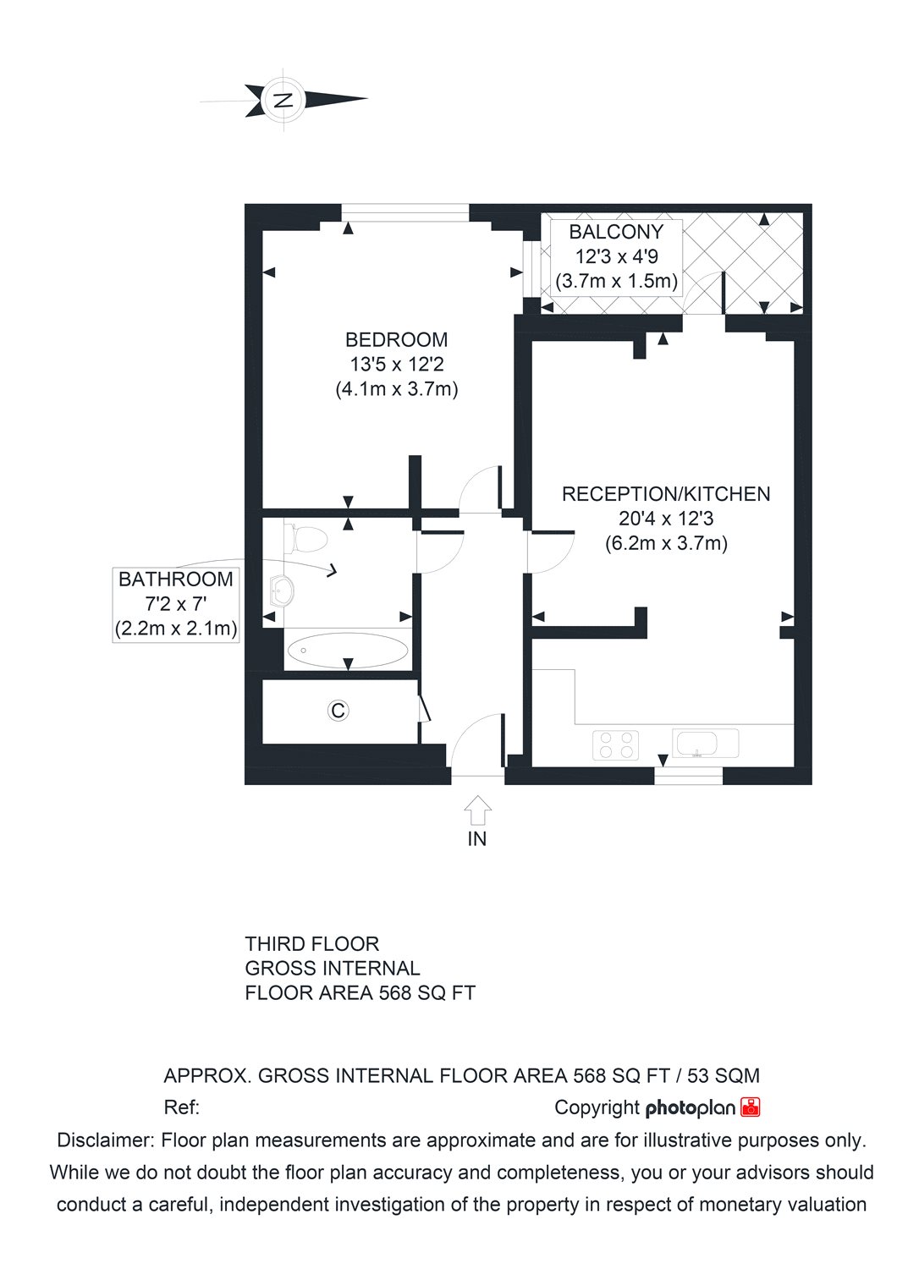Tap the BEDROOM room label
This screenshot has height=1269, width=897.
(x=396, y=340)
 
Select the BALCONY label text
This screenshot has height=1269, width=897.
(x=615, y=232)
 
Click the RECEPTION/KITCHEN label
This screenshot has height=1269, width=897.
(x=666, y=494)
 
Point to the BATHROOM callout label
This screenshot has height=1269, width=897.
(x=175, y=580)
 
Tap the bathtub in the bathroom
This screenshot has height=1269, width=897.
(x=347, y=651)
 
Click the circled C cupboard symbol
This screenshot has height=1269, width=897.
(x=338, y=711)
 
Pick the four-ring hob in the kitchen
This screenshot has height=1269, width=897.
(x=615, y=744)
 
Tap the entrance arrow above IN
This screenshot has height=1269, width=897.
(x=477, y=810)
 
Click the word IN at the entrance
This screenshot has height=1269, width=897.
(x=477, y=839)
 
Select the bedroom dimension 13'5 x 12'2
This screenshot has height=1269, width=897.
(x=396, y=365)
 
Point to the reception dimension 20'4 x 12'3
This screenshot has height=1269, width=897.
(x=666, y=519)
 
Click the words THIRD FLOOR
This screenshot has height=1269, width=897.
(x=311, y=943)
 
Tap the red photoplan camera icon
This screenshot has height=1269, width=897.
(x=751, y=1107)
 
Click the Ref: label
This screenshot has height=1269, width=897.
(x=180, y=1107)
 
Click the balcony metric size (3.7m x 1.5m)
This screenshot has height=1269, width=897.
(x=615, y=281)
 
